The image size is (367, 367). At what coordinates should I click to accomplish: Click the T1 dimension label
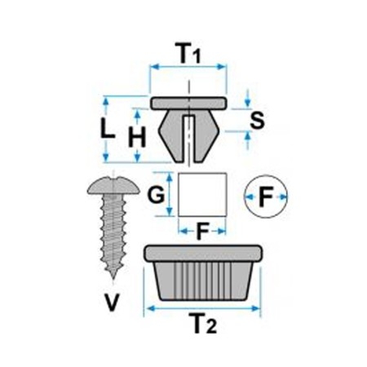pyautogui.click(x=188, y=53)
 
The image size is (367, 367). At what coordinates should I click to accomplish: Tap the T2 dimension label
pyautogui.click(x=203, y=323)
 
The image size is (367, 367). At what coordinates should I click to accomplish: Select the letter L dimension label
pyautogui.click(x=108, y=129)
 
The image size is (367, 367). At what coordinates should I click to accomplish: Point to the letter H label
pyautogui.click(x=137, y=137)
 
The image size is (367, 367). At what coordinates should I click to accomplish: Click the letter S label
pyautogui.click(x=257, y=121)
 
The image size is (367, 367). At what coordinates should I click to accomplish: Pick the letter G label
pyautogui.click(x=156, y=194)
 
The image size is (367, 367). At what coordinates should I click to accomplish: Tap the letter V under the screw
pyautogui.click(x=112, y=303)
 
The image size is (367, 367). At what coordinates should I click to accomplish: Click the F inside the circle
pyautogui.click(x=266, y=197)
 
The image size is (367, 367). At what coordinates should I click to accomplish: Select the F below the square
pyautogui.click(x=202, y=232)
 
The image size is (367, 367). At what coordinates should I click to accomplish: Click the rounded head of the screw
pyautogui.click(x=113, y=185)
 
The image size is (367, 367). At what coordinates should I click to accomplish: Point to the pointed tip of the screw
pyautogui.click(x=113, y=277)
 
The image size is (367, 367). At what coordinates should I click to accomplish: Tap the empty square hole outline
pyautogui.click(x=202, y=173)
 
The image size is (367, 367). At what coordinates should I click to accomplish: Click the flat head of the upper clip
pyautogui.click(x=188, y=104)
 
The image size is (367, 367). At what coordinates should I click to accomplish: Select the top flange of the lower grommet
pyautogui.click(x=203, y=254)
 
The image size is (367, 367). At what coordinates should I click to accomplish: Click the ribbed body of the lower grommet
pyautogui.click(x=203, y=281)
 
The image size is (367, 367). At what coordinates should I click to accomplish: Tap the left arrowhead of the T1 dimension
pyautogui.click(x=155, y=67)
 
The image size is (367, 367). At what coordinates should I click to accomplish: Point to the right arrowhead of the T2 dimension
pyautogui.click(x=256, y=308)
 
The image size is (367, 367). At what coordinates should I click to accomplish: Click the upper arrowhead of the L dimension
pyautogui.click(x=106, y=101)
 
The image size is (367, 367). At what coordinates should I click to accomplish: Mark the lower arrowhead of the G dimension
pyautogui.click(x=170, y=211)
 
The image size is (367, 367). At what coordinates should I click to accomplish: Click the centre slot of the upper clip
pyautogui.click(x=188, y=139)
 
